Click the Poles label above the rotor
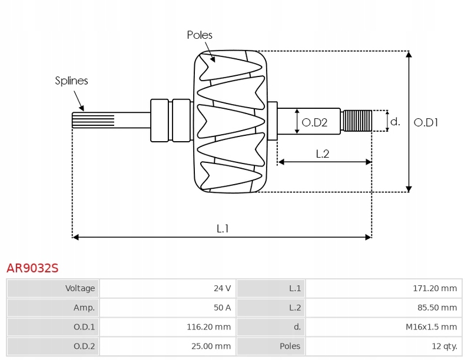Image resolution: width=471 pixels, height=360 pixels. pos(200,35)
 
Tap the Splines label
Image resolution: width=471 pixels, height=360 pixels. pos(71,81)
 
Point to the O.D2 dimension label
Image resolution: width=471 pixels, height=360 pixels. pos(314,122)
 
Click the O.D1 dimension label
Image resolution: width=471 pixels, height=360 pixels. pos(426,122)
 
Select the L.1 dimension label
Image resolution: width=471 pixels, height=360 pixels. pos(223,229)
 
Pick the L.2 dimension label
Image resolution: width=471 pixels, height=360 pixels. pos(323,154)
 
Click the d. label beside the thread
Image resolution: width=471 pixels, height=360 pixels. pos(395,122)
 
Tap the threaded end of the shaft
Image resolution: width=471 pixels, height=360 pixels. pos(357,121)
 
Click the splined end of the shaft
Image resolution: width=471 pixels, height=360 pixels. pos(93,121)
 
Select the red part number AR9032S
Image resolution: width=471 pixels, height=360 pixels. pos(32,268)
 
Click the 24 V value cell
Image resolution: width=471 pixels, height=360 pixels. pos(168,288)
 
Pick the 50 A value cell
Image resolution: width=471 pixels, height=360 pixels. pos(168,308)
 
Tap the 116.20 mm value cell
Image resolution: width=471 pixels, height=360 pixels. pos(168,326)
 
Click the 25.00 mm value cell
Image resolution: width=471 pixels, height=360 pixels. pos(168,346)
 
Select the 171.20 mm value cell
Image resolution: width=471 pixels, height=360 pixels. pos(384,288)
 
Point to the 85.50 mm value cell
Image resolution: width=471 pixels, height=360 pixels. pos(384,308)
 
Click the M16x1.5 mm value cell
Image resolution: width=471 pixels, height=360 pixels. pos(384,326)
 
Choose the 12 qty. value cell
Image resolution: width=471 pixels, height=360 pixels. pos(384,346)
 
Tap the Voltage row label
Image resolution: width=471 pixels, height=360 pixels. pos(80,288)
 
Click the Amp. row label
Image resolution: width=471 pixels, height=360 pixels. pos(84,308)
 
